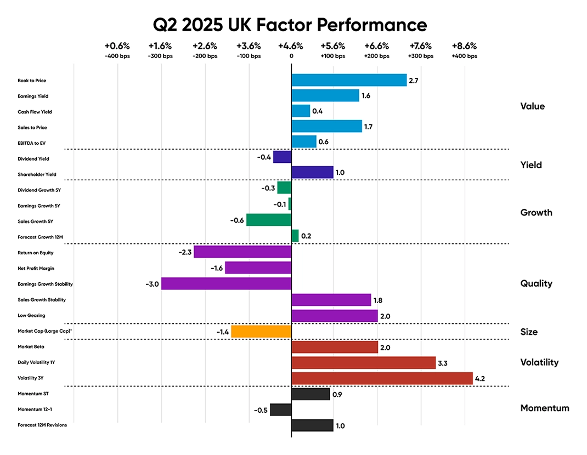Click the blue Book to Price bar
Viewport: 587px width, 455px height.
349,80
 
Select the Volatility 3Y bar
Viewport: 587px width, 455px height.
382,378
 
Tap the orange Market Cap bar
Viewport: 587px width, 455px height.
261,332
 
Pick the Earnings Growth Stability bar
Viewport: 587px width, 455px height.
226,283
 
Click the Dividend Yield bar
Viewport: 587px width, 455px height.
282,157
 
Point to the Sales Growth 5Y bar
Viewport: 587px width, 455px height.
269,220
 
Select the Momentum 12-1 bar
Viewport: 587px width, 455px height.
280,410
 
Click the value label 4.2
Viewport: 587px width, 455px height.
481,378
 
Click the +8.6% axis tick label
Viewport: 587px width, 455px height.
464,46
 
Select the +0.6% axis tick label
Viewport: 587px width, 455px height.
117,46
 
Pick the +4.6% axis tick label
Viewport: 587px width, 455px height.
291,46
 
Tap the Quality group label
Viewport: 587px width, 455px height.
536,283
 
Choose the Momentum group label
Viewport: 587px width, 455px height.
544,408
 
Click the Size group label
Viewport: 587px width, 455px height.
528,332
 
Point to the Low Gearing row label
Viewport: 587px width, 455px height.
32,316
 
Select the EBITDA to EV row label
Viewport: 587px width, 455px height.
32,143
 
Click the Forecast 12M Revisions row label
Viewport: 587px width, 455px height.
42,425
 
